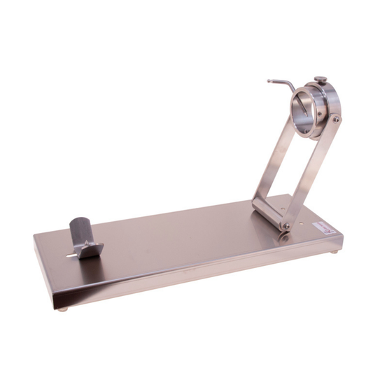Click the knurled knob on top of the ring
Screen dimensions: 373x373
[320, 80]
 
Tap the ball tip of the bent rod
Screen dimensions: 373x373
[269, 81]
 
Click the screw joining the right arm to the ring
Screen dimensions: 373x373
[336, 120]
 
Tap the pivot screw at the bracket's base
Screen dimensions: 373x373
[286, 225]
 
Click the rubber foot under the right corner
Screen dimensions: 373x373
[334, 251]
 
